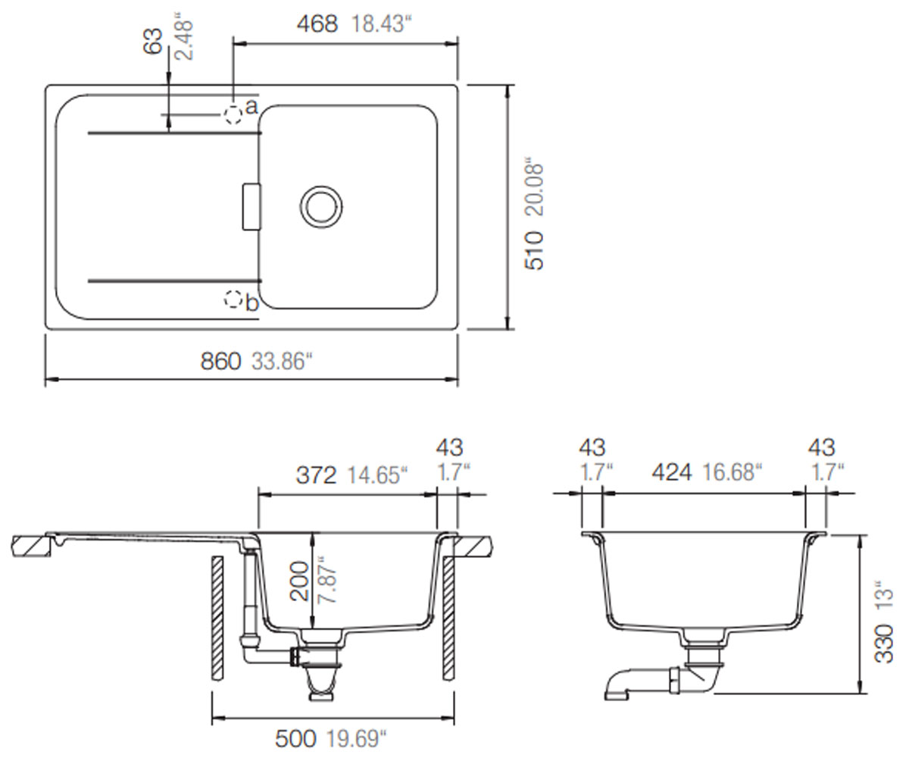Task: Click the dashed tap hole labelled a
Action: [233, 114]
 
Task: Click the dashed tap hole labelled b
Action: [233, 299]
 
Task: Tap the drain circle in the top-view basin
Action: [321, 206]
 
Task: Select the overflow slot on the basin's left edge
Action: [251, 206]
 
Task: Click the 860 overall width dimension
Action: [220, 361]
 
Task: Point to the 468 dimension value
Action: [317, 24]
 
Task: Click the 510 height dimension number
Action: [535, 250]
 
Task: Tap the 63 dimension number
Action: [153, 42]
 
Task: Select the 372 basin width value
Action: [316, 475]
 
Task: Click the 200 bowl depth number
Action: [299, 581]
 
